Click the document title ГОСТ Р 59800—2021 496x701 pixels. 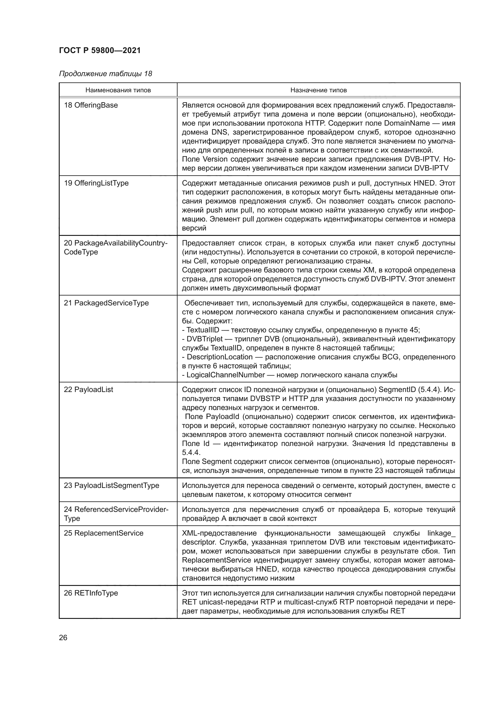coord(100,51)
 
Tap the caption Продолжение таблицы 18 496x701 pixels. coord(105,74)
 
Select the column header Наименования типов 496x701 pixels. coord(118,91)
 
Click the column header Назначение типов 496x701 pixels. coord(318,91)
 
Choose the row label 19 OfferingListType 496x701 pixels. coord(96,183)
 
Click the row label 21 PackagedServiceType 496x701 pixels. coord(106,303)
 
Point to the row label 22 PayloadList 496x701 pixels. coord(88,390)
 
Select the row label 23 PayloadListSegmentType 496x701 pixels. coord(111,486)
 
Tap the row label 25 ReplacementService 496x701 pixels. coord(103,533)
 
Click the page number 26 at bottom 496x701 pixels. coord(63,637)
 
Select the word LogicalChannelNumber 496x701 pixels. coord(226,375)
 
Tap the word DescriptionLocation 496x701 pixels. coord(220,357)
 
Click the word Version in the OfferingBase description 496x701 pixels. coord(215,159)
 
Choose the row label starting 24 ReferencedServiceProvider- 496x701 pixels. coord(116,509)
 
